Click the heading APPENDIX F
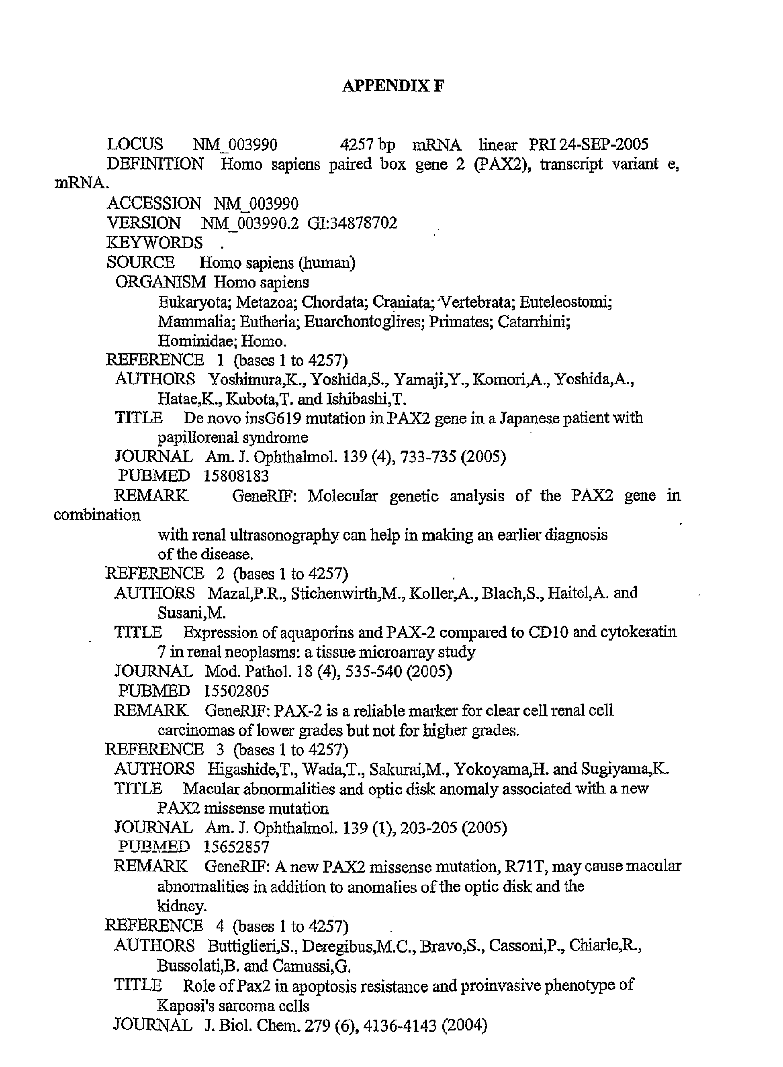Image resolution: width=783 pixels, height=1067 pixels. click(x=393, y=86)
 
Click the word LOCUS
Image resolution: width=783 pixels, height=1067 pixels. click(x=135, y=145)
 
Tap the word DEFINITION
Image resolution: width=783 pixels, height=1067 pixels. click(x=155, y=164)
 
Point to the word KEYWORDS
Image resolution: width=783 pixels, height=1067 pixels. click(x=155, y=243)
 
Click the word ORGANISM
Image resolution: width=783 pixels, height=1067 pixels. click(x=161, y=282)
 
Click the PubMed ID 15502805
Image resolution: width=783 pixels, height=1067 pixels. click(x=236, y=691)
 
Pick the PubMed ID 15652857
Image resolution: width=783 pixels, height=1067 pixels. click(x=237, y=847)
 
